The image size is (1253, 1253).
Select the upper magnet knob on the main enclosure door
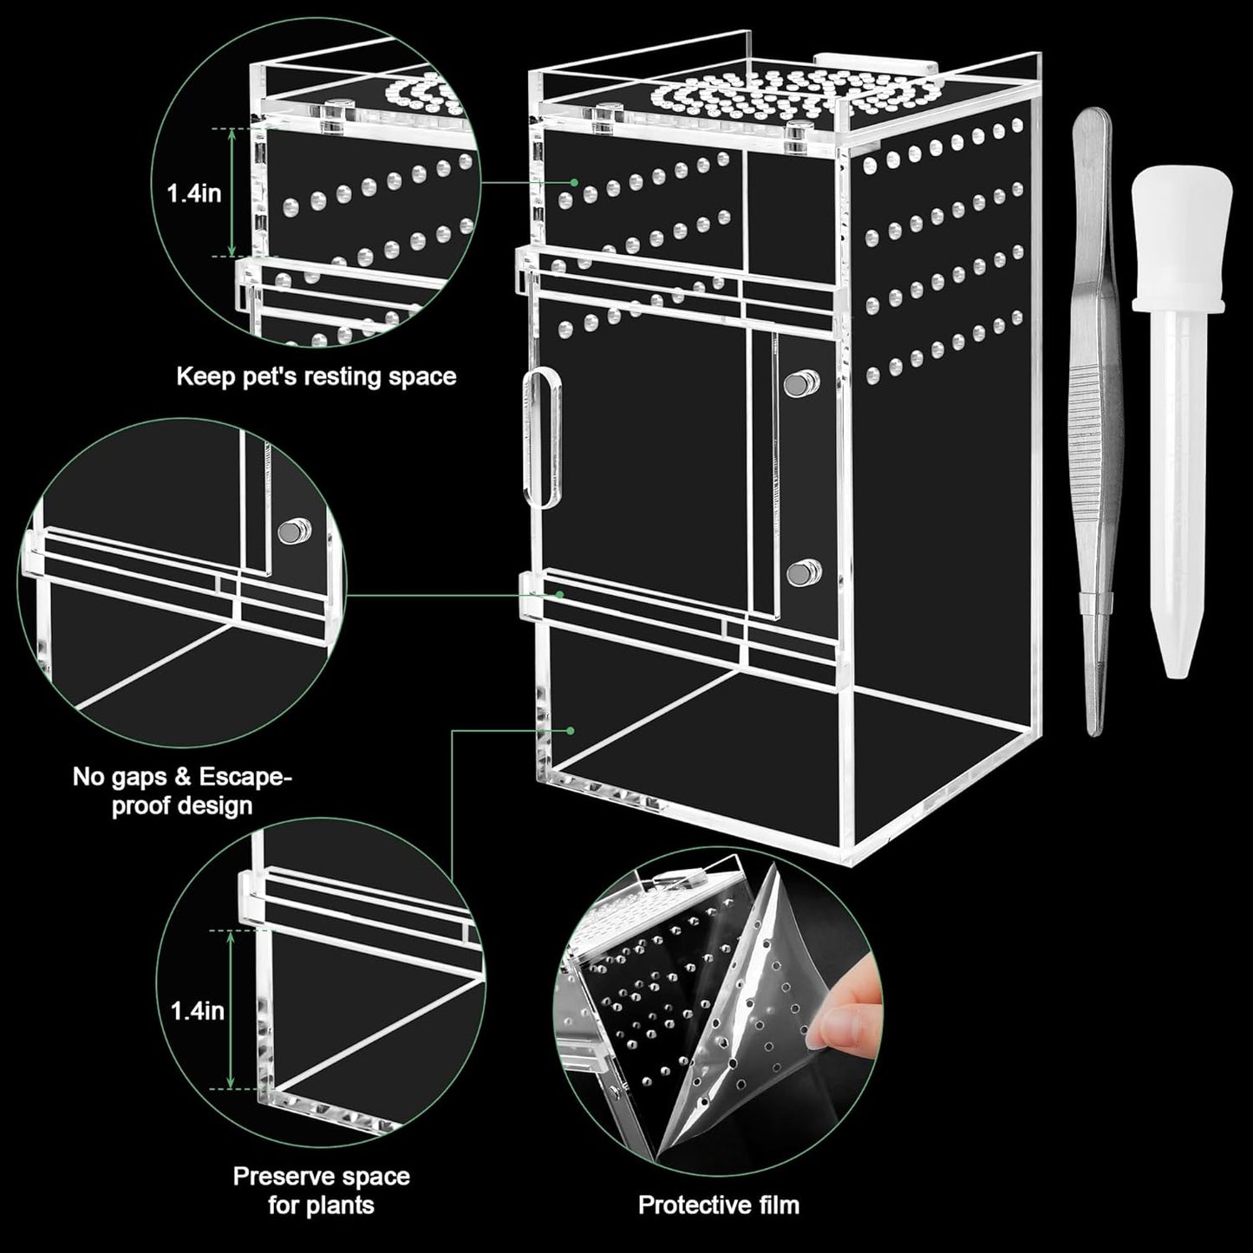802,382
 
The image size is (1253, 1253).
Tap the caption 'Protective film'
718,1204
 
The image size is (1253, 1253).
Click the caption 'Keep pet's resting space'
316,376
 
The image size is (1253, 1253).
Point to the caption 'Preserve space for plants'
321,1190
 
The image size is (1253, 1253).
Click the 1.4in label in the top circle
194,193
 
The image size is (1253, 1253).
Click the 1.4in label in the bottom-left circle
197,1010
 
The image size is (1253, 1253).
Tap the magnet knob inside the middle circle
293,530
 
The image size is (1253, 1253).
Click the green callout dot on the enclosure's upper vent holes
573,183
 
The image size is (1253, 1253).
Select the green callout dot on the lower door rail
560,595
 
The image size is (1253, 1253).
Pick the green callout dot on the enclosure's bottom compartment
570,730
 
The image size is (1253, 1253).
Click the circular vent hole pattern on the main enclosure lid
746,97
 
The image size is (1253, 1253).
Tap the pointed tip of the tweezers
1095,727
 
